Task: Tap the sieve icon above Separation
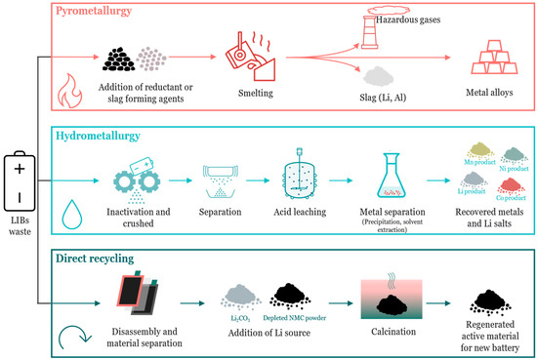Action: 232,182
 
